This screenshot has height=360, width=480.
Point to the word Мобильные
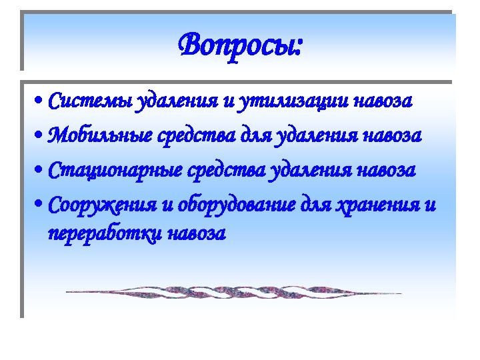(101, 136)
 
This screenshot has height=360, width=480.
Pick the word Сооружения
(101, 204)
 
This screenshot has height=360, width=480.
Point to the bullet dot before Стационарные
(41, 171)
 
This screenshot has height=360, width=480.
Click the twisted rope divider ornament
(233, 292)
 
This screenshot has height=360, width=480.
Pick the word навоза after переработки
(197, 234)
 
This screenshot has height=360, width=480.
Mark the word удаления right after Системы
(177, 102)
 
